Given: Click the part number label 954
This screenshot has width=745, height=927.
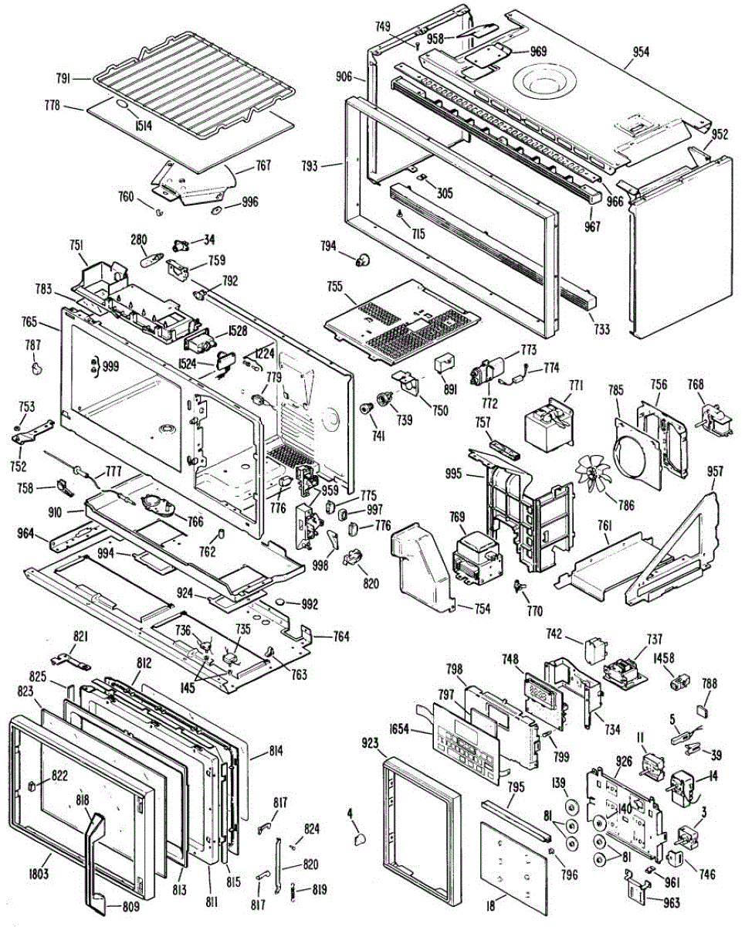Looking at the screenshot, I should pyautogui.click(x=641, y=53).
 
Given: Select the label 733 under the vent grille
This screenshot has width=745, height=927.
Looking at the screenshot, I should pyautogui.click(x=601, y=329).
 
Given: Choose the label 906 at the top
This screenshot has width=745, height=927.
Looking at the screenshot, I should pyautogui.click(x=344, y=76).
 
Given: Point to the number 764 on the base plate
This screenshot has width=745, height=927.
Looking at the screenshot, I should pyautogui.click(x=341, y=637).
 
